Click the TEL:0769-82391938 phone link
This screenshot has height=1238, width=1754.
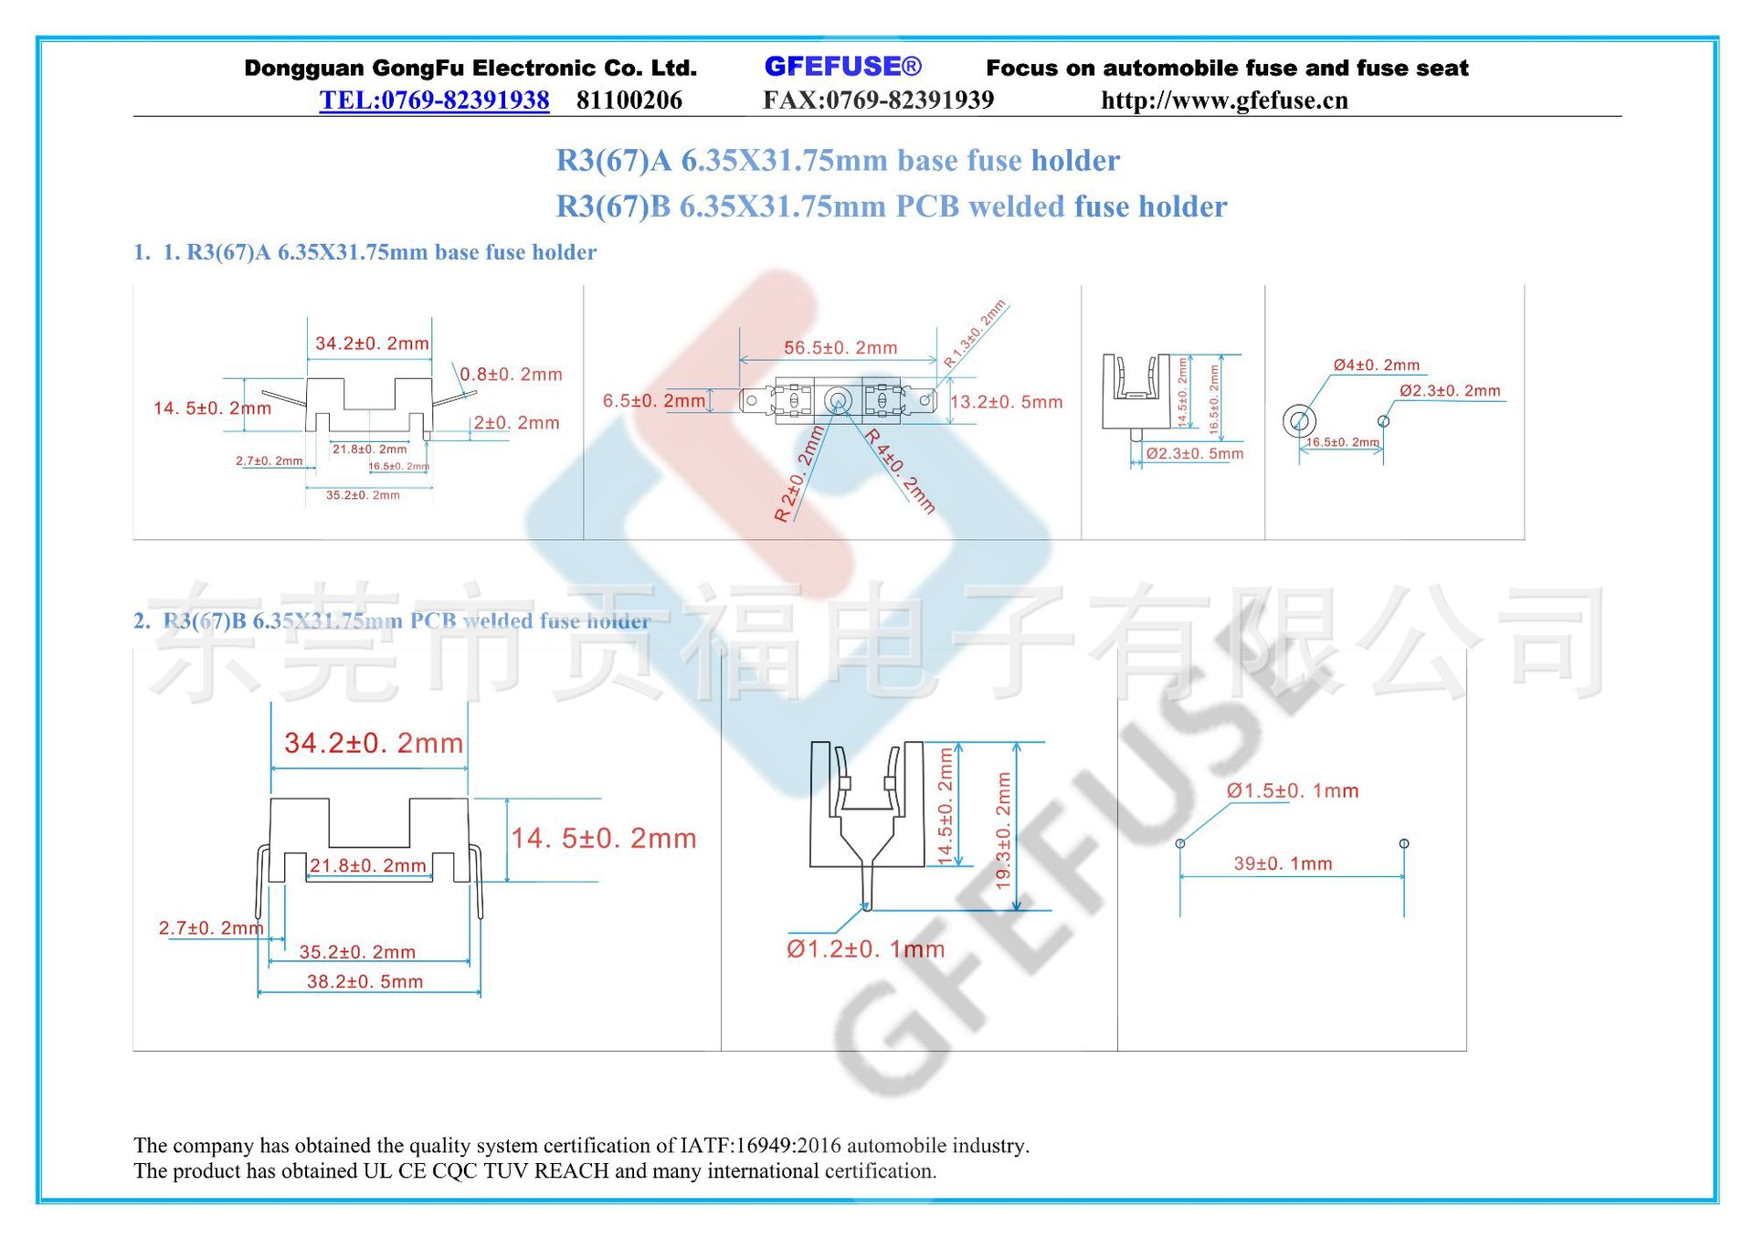(434, 101)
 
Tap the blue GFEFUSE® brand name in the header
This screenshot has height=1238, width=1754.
(842, 67)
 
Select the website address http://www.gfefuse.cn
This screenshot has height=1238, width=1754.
(1224, 101)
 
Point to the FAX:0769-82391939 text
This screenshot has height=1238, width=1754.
(878, 101)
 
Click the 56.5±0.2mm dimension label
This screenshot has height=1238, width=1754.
(840, 348)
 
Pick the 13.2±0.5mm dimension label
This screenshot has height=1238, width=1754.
(1007, 402)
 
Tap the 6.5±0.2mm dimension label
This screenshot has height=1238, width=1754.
(654, 401)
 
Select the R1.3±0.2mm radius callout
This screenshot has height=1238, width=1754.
(975, 333)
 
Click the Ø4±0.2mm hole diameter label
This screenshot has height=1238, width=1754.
(1376, 365)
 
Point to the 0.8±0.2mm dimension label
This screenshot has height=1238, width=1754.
(511, 375)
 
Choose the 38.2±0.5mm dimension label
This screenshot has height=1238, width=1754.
(365, 982)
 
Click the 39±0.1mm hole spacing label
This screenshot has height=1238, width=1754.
(1283, 863)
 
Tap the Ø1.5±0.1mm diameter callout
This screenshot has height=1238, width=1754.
(1293, 791)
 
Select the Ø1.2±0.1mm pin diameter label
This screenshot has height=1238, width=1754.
(865, 949)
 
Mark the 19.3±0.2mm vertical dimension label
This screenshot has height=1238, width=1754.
(1003, 831)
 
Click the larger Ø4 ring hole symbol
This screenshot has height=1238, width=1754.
(1299, 421)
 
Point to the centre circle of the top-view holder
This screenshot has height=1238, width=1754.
(838, 400)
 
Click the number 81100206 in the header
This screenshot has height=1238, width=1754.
(629, 101)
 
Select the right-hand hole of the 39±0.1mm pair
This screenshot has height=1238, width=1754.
(1404, 843)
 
